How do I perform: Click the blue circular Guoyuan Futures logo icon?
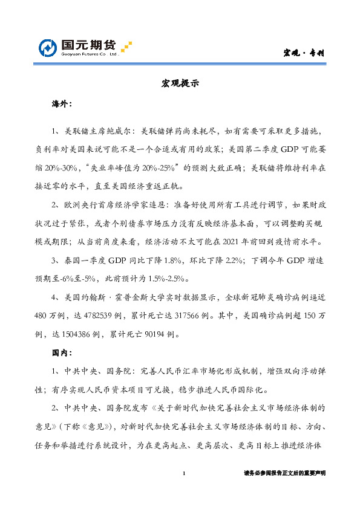tap(48, 48)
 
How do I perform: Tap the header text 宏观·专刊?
tap(306, 53)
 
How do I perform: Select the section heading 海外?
tap(62, 105)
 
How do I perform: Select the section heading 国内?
tap(62, 352)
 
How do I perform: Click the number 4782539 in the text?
tap(85, 316)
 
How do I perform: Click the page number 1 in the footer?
tap(183, 473)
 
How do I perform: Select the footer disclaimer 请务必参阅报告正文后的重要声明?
tap(284, 473)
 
